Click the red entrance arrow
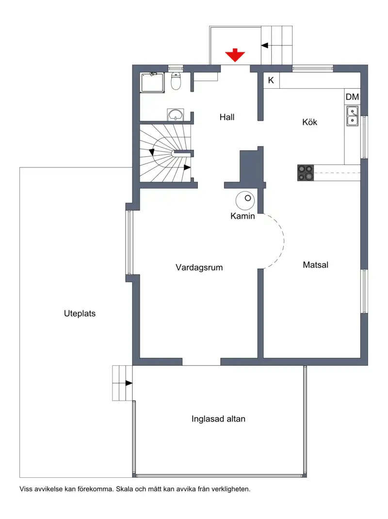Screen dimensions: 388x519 [235, 55]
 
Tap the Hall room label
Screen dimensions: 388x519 [227, 117]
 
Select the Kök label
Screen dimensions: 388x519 [309, 122]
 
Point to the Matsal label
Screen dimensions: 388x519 [316, 265]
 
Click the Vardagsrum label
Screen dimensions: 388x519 [199, 267]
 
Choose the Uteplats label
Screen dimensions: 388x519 [80, 313]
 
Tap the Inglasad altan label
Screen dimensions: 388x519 [218, 419]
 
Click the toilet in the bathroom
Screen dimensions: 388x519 [176, 81]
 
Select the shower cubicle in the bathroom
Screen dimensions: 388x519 [152, 83]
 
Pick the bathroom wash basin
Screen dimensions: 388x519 [175, 115]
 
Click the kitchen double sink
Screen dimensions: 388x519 [352, 116]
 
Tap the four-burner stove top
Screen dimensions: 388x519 [306, 173]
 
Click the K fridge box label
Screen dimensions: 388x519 [271, 81]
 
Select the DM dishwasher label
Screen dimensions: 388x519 [352, 97]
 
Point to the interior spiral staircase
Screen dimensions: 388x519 [165, 153]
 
